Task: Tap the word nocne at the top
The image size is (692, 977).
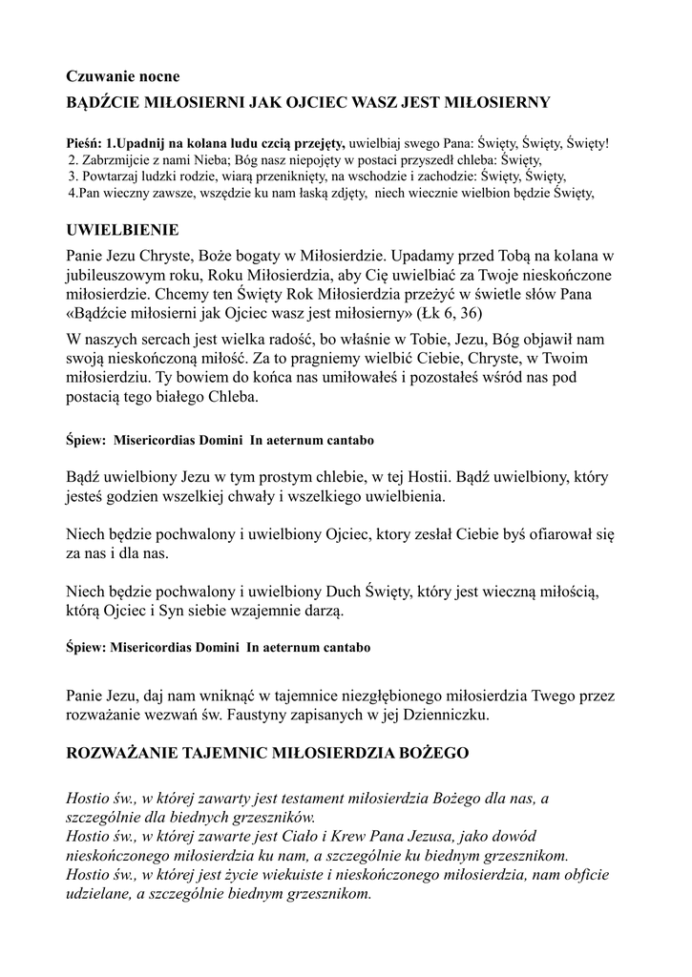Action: pos(159,75)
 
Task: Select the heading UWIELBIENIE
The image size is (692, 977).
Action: pos(121,231)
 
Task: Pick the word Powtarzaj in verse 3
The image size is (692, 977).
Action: pos(109,177)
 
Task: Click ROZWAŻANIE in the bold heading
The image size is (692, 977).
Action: pos(133,754)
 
